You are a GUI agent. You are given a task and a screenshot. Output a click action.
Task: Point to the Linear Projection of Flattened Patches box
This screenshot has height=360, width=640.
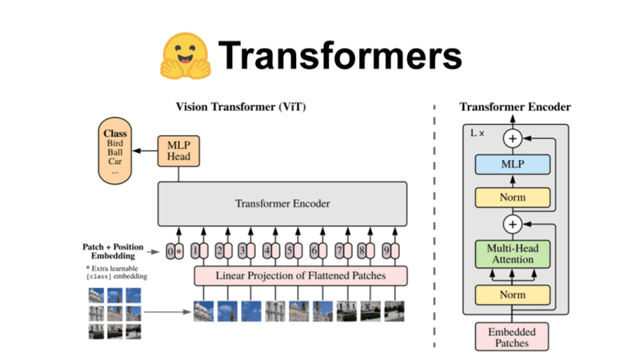point(300,276)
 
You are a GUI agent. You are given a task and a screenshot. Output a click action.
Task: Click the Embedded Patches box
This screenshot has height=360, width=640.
point(511,336)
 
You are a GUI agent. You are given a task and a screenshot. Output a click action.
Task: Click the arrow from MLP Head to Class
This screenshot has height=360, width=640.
point(146,150)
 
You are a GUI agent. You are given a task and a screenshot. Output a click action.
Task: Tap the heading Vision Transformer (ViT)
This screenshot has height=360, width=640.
point(241,107)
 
